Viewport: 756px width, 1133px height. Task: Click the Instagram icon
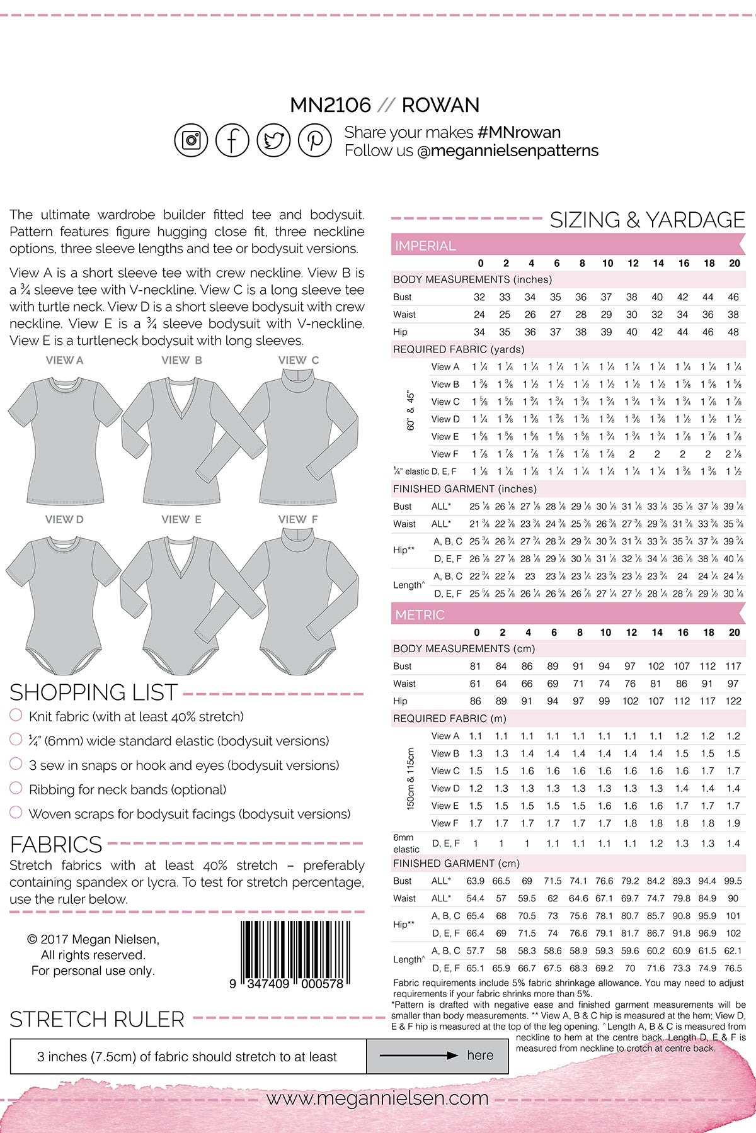tap(191, 140)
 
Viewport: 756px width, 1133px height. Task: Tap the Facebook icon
tap(232, 140)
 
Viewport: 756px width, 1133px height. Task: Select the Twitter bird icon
tap(273, 140)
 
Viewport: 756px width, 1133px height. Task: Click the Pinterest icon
tap(315, 140)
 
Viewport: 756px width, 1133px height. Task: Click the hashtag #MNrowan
tap(519, 132)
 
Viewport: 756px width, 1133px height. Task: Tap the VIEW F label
tap(298, 519)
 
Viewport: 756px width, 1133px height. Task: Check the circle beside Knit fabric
tap(16, 715)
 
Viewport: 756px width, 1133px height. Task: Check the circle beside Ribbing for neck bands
tap(16, 788)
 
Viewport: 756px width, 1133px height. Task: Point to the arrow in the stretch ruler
tap(419, 1056)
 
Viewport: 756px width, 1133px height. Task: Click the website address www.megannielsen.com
tap(377, 1098)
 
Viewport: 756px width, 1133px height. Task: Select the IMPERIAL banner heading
tap(425, 245)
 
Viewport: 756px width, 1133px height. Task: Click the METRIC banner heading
tap(420, 615)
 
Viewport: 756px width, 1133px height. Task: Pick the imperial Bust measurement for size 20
tap(733, 297)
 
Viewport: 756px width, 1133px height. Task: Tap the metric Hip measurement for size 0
tap(476, 701)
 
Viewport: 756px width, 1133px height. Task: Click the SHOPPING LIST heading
tap(94, 692)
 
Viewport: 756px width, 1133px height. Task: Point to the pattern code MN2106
tap(330, 105)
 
